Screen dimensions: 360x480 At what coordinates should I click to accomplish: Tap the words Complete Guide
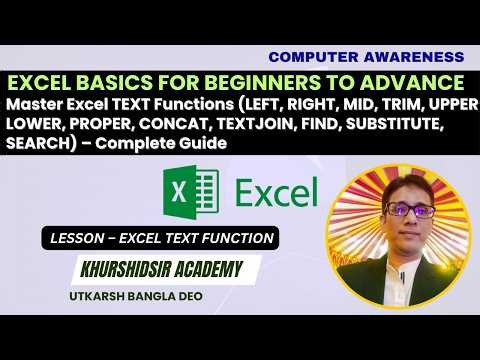[175, 145]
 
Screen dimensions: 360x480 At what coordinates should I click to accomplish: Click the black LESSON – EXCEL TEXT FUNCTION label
[157, 238]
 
